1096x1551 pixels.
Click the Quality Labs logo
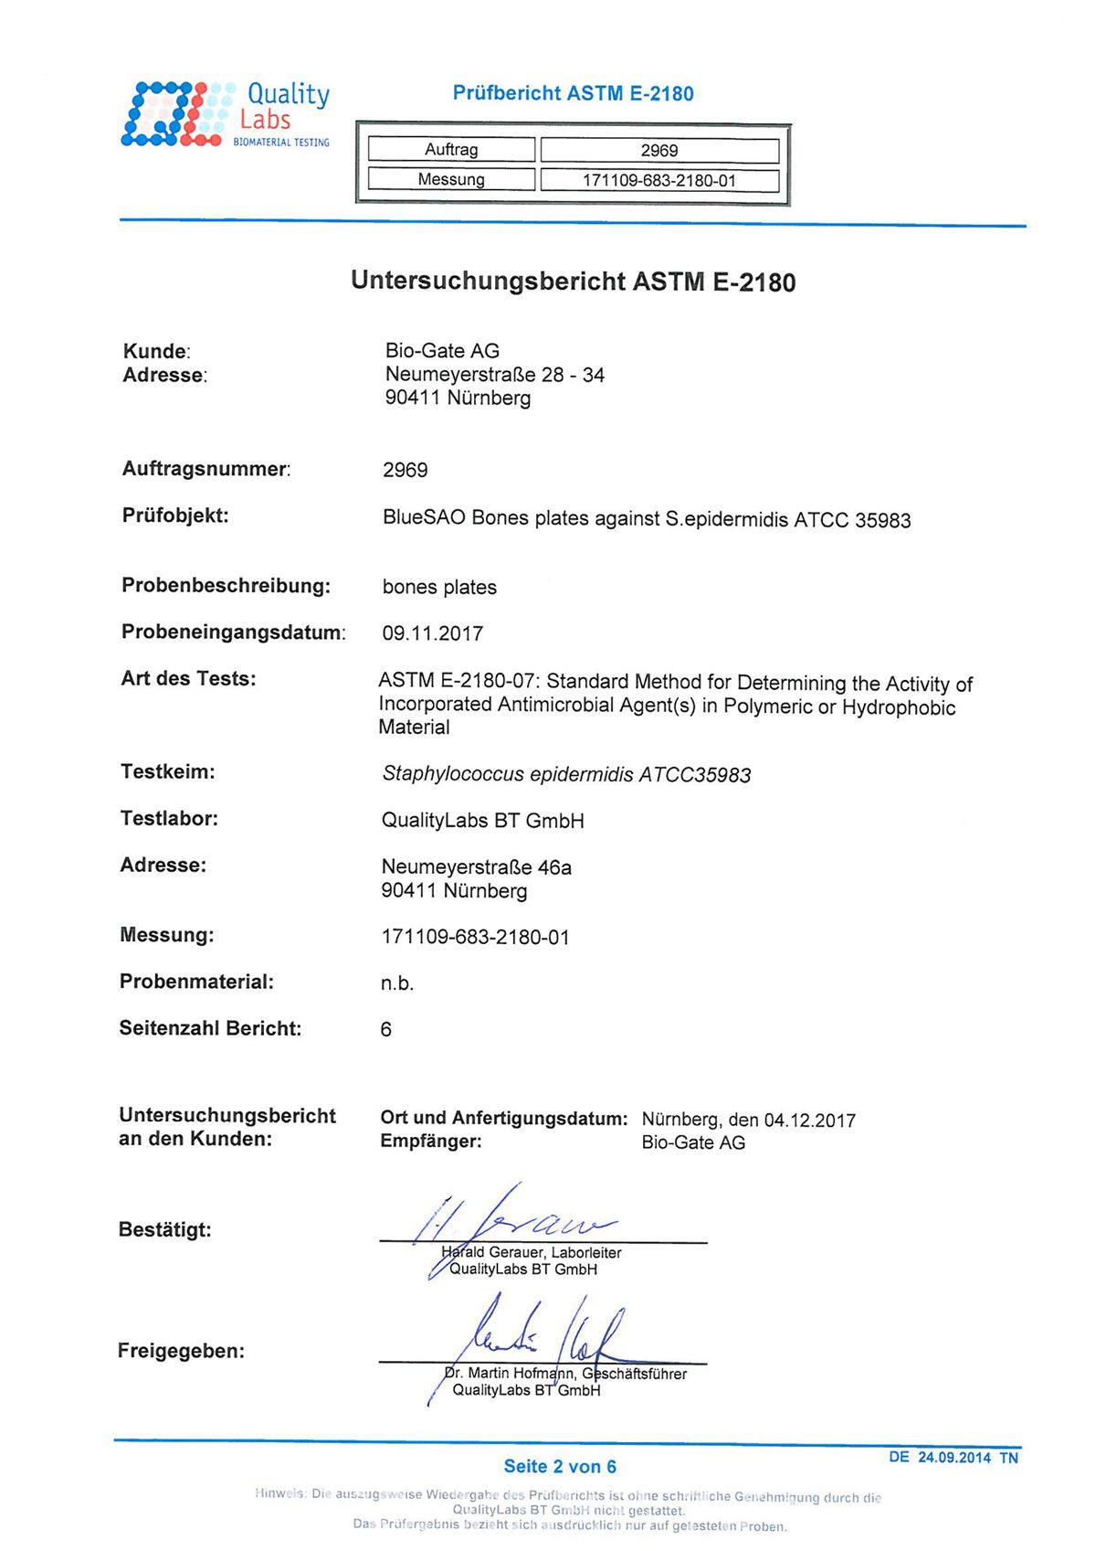coord(226,114)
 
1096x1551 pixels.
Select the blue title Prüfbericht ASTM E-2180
coord(573,93)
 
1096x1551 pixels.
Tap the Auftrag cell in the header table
coord(451,150)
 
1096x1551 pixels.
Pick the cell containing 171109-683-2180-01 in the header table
coord(659,180)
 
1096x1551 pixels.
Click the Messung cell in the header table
coord(451,179)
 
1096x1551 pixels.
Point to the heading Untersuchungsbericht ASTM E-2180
coord(573,282)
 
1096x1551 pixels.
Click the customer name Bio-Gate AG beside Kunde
coord(442,351)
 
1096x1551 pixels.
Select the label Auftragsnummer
coord(205,469)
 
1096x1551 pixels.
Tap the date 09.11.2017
coord(432,633)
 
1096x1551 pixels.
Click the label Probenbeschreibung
coord(226,586)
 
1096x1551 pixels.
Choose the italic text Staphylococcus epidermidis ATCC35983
coord(566,775)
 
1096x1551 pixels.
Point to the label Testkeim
coord(168,771)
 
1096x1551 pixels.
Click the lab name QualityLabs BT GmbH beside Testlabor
coord(482,821)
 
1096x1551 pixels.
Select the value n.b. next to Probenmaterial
coord(397,983)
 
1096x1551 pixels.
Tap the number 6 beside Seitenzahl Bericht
coord(385,1030)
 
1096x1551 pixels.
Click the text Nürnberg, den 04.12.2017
coord(748,1120)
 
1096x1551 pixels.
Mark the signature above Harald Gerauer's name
coord(511,1220)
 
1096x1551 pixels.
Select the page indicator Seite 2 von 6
coord(560,1466)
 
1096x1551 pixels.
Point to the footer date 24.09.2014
coord(954,1457)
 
